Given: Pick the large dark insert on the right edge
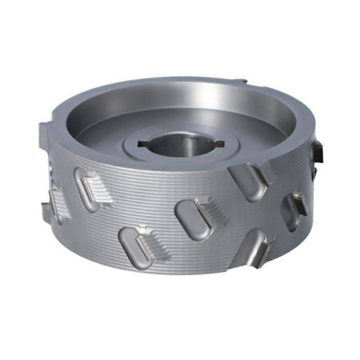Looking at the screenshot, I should click(319, 147).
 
